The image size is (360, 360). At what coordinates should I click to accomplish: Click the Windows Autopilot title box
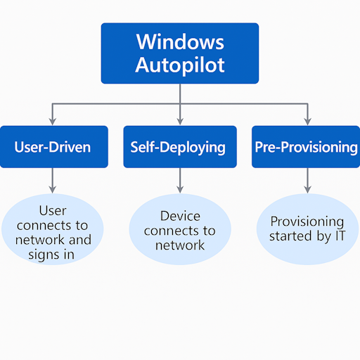(x=179, y=53)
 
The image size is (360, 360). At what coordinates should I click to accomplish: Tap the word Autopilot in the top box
(x=179, y=65)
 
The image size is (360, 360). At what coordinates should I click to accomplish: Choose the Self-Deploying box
(x=178, y=147)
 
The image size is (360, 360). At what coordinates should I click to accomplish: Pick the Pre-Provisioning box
(x=305, y=147)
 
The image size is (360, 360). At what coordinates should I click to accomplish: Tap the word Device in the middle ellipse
(x=180, y=216)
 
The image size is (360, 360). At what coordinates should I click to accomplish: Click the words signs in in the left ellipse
(x=53, y=254)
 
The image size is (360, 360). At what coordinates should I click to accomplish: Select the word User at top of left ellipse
(x=53, y=210)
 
